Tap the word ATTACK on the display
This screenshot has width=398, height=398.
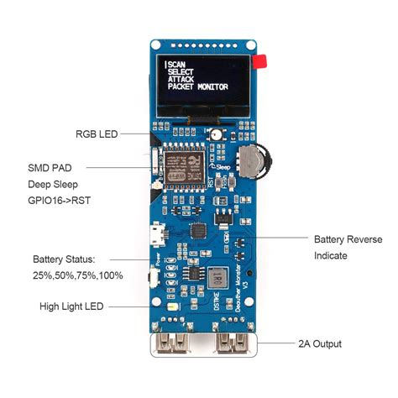pyautogui.click(x=181, y=79)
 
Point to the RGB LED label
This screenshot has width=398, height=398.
pyautogui.click(x=97, y=134)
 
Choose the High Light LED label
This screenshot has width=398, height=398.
pyautogui.click(x=71, y=306)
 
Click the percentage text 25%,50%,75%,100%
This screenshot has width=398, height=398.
pyautogui.click(x=77, y=275)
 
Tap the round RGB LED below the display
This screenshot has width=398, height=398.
pyautogui.click(x=217, y=134)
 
